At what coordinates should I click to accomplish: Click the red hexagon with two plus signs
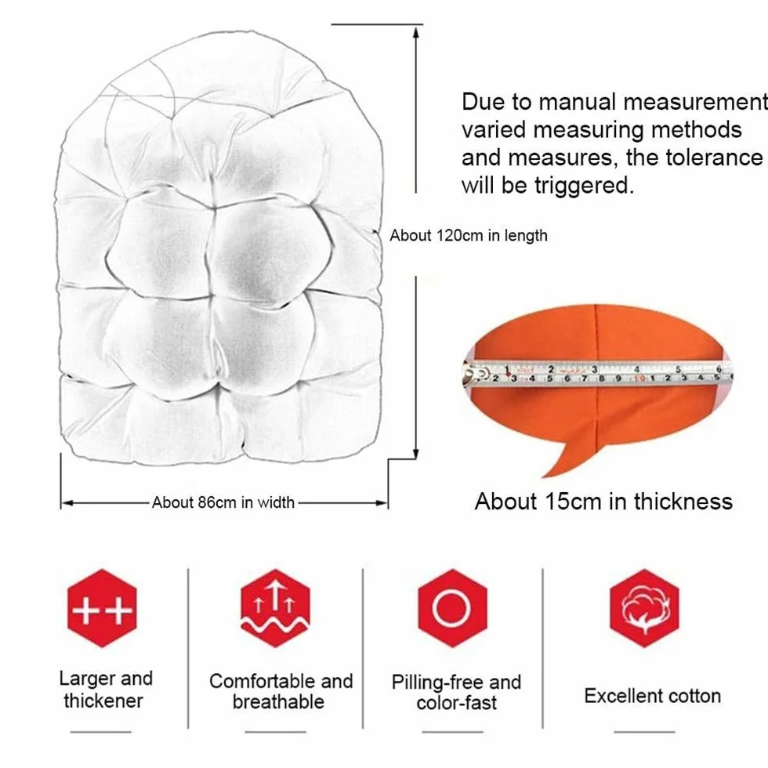102,608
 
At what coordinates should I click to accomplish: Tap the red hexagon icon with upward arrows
275,608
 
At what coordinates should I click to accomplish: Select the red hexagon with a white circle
452,608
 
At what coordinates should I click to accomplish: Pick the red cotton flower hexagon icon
644,608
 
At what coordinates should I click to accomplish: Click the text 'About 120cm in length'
469,236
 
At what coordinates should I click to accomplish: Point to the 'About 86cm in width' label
223,502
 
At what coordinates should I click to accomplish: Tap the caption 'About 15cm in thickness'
603,502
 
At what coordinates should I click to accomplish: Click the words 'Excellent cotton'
652,696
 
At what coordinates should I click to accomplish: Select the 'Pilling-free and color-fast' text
456,693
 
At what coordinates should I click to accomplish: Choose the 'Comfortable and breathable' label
281,691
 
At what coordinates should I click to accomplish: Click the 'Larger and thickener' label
105,690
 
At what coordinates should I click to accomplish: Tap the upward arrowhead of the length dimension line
416,32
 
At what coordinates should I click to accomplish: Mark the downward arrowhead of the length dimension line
416,453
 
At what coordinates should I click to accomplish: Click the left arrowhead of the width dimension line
67,503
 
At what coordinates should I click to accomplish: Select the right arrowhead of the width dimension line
381,503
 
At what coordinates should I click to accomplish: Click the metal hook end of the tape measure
471,373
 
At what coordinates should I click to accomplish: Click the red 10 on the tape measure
639,378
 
